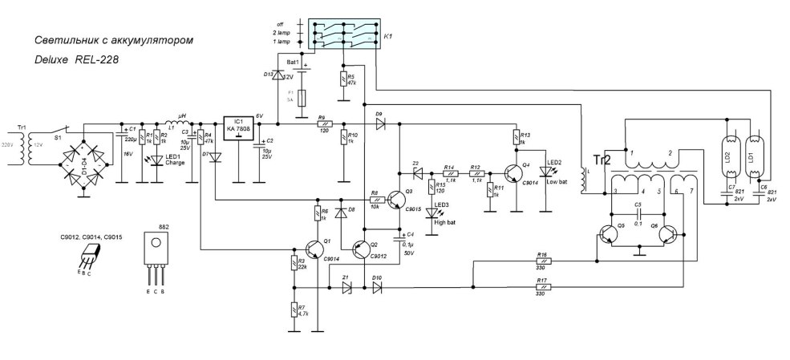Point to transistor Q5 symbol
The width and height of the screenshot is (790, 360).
(x=610, y=236)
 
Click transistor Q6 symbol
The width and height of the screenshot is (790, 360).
(x=666, y=236)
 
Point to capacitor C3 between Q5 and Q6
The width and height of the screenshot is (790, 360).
(x=638, y=215)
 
